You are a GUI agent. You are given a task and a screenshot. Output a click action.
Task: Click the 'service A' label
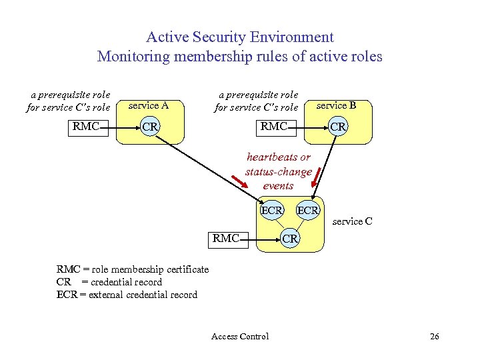coord(148,105)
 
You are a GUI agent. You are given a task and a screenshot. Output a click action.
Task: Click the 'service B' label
coord(336,105)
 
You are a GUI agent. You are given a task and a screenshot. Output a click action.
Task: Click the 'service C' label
coord(353,221)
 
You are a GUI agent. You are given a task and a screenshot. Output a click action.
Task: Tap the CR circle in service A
coord(150,127)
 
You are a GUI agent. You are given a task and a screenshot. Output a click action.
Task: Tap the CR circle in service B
coord(338,127)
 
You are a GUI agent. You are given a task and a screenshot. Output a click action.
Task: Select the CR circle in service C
coord(289,238)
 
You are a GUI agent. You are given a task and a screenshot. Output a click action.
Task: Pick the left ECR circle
coord(271,211)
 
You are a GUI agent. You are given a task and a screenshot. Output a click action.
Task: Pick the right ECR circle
coord(308,211)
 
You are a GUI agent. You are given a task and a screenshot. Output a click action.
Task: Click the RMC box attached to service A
coord(86,126)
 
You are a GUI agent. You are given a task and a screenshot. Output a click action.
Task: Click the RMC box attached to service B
coord(274,126)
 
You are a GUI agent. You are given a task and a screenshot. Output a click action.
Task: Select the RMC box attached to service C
coord(226,238)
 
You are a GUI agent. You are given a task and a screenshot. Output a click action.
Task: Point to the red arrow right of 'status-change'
coord(318,180)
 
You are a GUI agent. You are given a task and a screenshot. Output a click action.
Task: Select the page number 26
coord(434,336)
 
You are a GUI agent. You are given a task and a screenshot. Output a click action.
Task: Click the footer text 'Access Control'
coord(240,336)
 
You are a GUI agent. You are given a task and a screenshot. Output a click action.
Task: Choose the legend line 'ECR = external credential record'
coord(127,295)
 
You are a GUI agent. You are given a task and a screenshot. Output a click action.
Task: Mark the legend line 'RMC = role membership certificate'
coord(133,269)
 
